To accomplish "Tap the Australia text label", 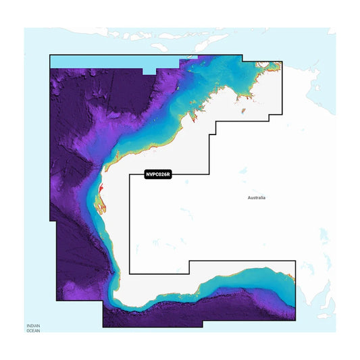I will pyautogui.click(x=257, y=198).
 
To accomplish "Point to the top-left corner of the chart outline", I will pyautogui.click(x=50, y=55).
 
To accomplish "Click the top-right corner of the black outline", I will pyautogui.click(x=282, y=63).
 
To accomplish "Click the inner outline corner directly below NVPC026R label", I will pyautogui.click(x=130, y=274).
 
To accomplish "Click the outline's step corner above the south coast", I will pyautogui.click(x=190, y=261).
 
